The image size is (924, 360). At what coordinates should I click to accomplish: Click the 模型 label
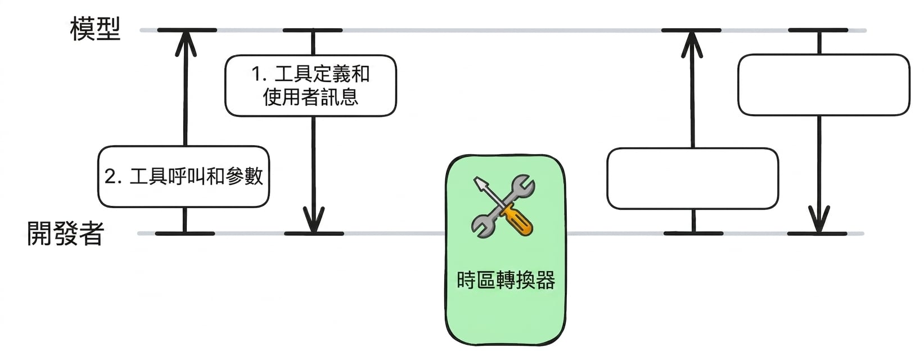[95, 29]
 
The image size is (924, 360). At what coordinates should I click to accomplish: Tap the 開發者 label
[65, 233]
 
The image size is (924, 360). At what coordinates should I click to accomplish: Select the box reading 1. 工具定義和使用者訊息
[310, 85]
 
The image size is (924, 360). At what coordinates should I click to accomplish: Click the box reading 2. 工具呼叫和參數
[183, 177]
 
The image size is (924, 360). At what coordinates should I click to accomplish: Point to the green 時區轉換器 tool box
[506, 250]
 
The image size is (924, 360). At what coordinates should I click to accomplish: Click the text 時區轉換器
[506, 280]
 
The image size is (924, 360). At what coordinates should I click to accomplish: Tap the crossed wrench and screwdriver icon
[503, 206]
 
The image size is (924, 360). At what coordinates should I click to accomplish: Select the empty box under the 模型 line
[824, 85]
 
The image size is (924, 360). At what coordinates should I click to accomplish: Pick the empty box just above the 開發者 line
[693, 178]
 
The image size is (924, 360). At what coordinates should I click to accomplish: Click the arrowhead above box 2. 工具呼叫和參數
[186, 43]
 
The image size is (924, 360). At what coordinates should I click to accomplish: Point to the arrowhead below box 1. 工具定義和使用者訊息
[314, 220]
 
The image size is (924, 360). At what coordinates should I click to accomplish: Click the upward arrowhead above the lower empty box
[692, 44]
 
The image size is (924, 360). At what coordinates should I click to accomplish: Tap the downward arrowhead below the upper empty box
[819, 219]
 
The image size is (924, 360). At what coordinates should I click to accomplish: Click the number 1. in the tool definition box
[259, 74]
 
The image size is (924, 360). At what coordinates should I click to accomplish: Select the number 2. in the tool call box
[113, 177]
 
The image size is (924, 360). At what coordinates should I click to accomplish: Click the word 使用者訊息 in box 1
[310, 97]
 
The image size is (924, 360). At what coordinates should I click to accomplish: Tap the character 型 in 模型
[108, 29]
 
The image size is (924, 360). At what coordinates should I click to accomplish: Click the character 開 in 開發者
[39, 233]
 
